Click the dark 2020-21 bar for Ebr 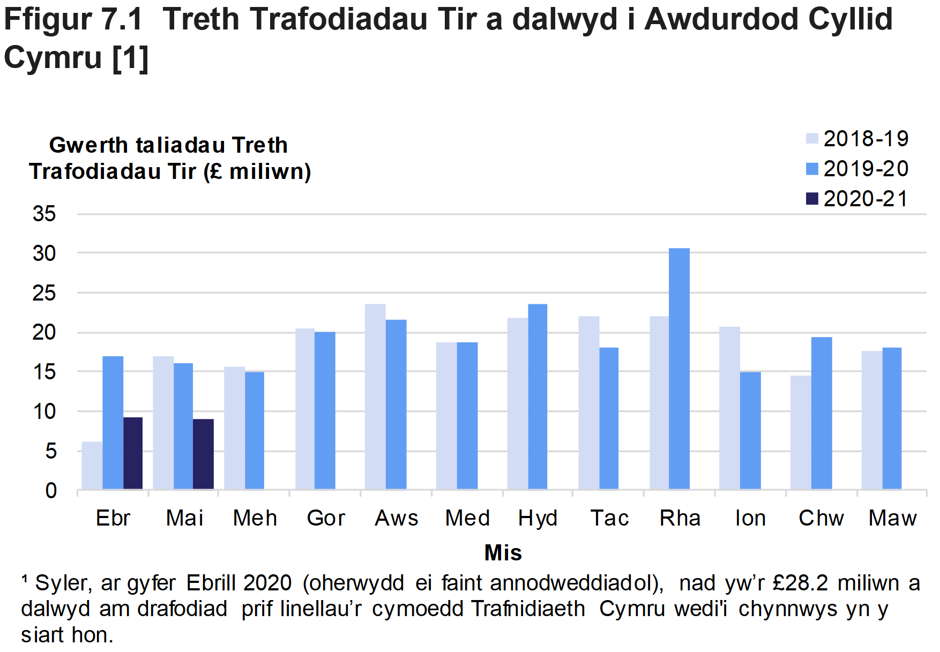click(133, 453)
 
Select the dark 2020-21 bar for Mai click(203, 454)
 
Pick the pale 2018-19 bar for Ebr click(92, 466)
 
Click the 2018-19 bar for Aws click(375, 396)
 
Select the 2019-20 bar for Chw click(821, 413)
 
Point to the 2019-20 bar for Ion click(750, 430)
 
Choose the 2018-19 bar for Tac click(588, 402)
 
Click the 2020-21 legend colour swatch click(812, 199)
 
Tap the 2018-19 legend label click(866, 139)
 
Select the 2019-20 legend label click(866, 169)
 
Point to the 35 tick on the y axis click(44, 214)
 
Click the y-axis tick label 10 click(44, 411)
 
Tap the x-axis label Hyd click(538, 518)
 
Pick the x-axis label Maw click(892, 518)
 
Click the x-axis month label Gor click(326, 518)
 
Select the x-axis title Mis click(503, 552)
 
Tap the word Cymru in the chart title click(53, 57)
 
